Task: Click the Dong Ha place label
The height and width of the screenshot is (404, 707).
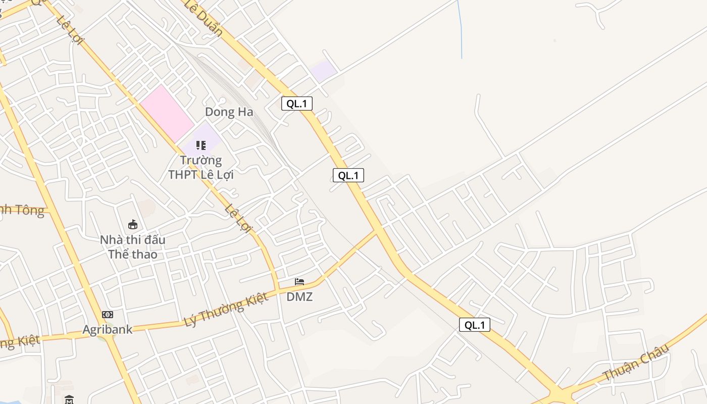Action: [x=229, y=112]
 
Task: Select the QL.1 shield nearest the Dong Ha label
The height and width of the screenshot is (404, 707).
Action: [x=297, y=104]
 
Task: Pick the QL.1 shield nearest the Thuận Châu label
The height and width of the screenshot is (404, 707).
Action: [x=474, y=325]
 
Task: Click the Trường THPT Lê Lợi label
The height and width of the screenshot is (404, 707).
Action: [x=201, y=168]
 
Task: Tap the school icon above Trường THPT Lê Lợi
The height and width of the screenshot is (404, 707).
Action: [x=201, y=145]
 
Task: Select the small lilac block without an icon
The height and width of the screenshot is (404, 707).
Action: [x=323, y=70]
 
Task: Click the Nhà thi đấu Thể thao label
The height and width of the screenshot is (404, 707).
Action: [x=133, y=246]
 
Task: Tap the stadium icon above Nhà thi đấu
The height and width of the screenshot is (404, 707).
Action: [x=133, y=224]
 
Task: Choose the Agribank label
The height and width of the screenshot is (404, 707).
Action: [x=108, y=330]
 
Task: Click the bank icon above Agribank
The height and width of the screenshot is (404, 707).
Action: [x=108, y=315]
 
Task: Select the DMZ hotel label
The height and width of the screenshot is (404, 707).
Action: [x=299, y=297]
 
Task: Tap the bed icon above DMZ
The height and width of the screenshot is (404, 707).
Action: [x=299, y=282]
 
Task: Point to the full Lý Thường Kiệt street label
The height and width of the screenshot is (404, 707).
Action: [x=226, y=310]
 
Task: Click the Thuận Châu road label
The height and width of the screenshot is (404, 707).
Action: [x=636, y=362]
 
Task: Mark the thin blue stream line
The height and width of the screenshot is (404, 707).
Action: [x=460, y=30]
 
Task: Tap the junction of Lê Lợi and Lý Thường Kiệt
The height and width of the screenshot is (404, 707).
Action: [x=278, y=290]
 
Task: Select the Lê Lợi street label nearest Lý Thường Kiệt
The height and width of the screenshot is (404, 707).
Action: [x=238, y=218]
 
